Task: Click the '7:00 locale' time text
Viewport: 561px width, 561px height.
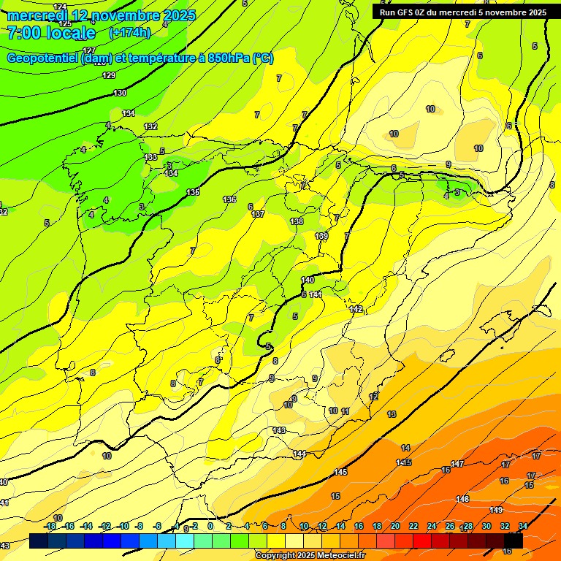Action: tap(52, 34)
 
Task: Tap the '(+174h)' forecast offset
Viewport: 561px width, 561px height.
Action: tap(130, 33)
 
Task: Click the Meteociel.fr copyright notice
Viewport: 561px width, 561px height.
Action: tap(310, 556)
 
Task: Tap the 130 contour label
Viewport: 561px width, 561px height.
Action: tap(120, 93)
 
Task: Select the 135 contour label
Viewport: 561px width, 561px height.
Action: tap(193, 192)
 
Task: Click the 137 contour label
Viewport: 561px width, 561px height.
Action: tap(257, 214)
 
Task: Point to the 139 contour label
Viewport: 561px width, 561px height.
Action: tap(321, 236)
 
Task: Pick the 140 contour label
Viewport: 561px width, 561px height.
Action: tap(308, 280)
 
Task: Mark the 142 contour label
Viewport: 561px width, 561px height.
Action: tap(356, 309)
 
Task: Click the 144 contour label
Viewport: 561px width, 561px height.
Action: tap(299, 454)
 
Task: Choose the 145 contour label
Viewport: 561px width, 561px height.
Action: tap(340, 472)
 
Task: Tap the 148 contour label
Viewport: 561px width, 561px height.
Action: tap(462, 499)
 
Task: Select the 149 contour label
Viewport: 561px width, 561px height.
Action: tap(497, 510)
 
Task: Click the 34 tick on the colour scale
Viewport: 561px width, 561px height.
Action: tap(523, 526)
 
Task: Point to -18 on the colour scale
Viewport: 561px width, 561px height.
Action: tap(50, 526)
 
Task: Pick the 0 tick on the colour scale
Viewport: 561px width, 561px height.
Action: tap(210, 526)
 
